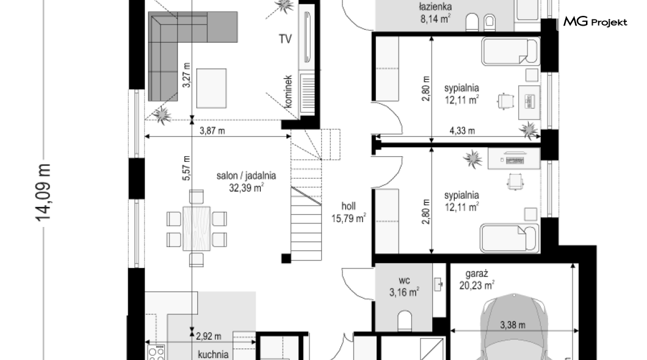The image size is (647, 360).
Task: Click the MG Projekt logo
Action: pyautogui.click(x=595, y=21)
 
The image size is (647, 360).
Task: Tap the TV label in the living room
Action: pyautogui.click(x=285, y=39)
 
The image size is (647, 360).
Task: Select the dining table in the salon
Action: pyautogui.click(x=197, y=228)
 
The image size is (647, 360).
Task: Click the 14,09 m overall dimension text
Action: pyautogui.click(x=43, y=193)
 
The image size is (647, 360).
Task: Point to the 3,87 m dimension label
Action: pyautogui.click(x=212, y=131)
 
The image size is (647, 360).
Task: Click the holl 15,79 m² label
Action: pyautogui.click(x=349, y=212)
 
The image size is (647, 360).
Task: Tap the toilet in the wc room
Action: pyautogui.click(x=404, y=321)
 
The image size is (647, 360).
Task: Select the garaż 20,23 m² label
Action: pyautogui.click(x=477, y=279)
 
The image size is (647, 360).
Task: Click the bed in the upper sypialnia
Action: pyautogui.click(x=510, y=51)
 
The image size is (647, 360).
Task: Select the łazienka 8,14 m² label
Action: pyautogui.click(x=435, y=13)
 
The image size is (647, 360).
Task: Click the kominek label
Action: pyautogui.click(x=288, y=92)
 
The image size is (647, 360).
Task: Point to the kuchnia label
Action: pyautogui.click(x=213, y=355)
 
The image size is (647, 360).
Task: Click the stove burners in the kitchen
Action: pyautogui.click(x=156, y=353)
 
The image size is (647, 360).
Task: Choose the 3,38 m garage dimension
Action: pyautogui.click(x=513, y=325)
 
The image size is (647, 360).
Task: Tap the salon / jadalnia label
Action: pyautogui.click(x=247, y=176)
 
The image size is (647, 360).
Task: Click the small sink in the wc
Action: pyautogui.click(x=438, y=284)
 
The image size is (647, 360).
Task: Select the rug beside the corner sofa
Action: pyautogui.click(x=211, y=88)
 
